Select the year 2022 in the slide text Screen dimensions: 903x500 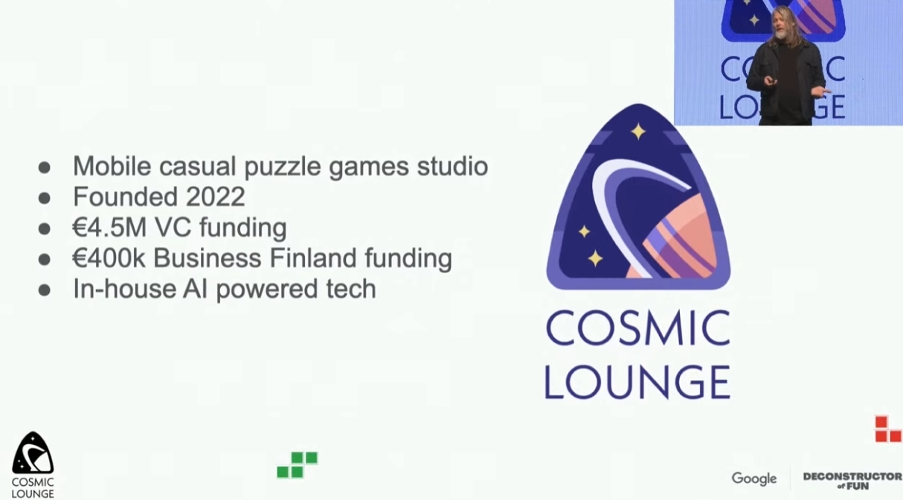tap(215, 196)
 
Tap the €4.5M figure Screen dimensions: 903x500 tap(109, 228)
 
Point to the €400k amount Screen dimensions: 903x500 tap(109, 258)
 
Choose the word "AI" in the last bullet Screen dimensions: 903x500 tap(195, 289)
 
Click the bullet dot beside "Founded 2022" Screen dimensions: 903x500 tap(45, 198)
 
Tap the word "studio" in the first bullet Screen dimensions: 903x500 tap(452, 166)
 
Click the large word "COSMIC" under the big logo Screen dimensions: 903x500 tap(637, 328)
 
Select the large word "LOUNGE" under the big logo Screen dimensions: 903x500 tap(637, 382)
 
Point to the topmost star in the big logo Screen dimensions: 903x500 tap(638, 132)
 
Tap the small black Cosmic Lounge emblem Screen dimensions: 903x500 tap(33, 453)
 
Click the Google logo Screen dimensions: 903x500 tap(753, 478)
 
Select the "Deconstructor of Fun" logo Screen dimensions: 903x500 tap(852, 481)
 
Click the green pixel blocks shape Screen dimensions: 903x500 tap(298, 465)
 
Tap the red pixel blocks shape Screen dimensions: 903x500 tap(887, 429)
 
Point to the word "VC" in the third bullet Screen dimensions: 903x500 tap(173, 228)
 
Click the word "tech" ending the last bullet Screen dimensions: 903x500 tap(351, 289)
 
